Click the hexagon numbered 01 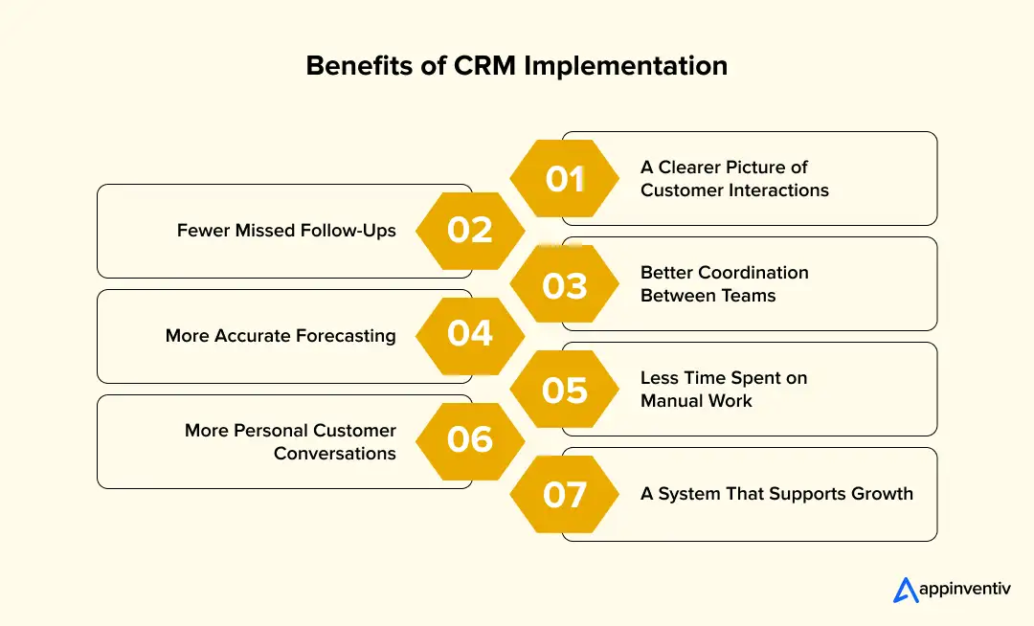[x=565, y=179]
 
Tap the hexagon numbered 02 [x=470, y=231]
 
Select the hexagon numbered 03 [x=565, y=284]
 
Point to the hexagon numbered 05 [x=565, y=390]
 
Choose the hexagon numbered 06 [x=470, y=439]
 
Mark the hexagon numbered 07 [x=565, y=495]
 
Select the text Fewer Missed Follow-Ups [x=286, y=231]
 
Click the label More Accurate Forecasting [x=281, y=336]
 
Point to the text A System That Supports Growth [x=776, y=494]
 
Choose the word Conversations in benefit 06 [x=335, y=453]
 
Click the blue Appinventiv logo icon [x=905, y=591]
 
